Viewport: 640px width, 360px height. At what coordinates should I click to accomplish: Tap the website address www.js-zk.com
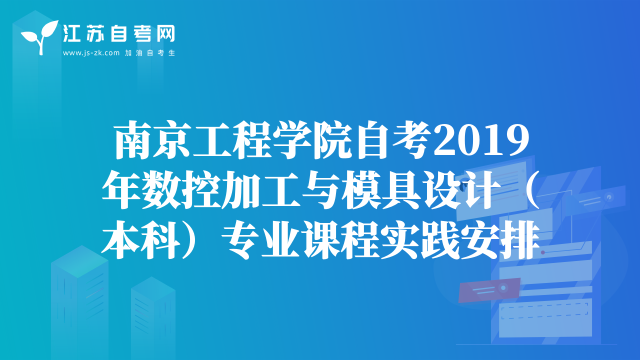coord(91,53)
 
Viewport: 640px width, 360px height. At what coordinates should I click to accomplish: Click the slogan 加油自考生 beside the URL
coord(150,53)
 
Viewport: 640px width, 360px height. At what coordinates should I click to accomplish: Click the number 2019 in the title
coord(481,140)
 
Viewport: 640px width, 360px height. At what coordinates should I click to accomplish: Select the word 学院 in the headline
coord(312,139)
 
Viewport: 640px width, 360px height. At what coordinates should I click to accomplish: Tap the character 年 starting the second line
coord(121,189)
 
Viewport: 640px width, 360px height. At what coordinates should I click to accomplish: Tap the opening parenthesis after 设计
coord(532,189)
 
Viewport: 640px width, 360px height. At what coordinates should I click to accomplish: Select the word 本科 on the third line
coord(139,239)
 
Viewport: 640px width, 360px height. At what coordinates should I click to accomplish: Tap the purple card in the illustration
coord(489,290)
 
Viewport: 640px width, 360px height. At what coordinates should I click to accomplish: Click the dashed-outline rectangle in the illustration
coord(544,311)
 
